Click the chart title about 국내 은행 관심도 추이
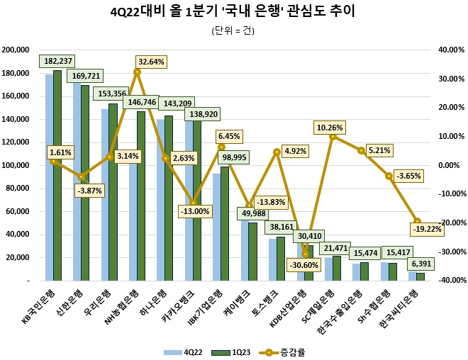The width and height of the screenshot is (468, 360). (x=233, y=12)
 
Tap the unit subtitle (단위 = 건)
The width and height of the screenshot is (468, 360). (x=233, y=30)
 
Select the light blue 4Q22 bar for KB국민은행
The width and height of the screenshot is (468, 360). (x=49, y=177)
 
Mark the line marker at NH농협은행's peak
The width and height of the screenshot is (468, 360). (x=137, y=72)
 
